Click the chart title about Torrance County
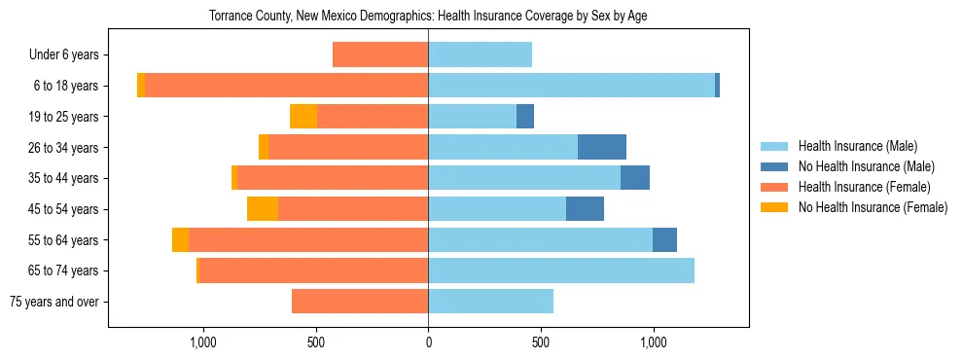point(428,17)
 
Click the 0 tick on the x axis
point(428,342)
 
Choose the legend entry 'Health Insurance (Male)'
point(857,146)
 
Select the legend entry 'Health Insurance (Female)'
point(864,187)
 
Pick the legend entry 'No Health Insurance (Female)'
point(873,207)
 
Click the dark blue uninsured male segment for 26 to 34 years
point(602,147)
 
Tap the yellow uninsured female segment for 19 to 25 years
point(303,117)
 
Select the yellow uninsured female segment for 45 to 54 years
point(263,209)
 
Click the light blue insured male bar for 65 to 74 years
point(561,270)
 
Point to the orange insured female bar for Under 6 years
point(380,54)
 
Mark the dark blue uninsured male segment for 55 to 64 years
point(664,240)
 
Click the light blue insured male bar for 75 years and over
point(490,302)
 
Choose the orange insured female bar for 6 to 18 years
point(286,86)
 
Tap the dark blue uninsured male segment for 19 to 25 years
point(525,117)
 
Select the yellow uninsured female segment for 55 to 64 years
point(180,240)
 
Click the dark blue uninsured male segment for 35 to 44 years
point(635,178)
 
